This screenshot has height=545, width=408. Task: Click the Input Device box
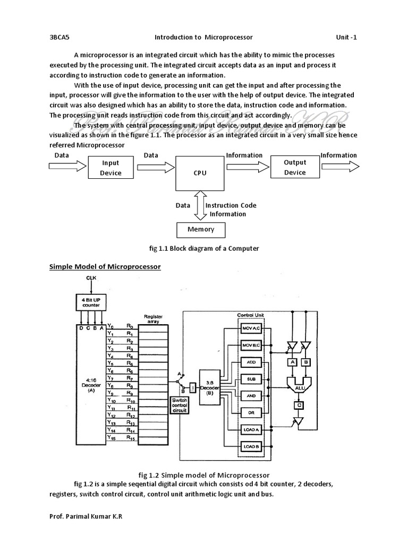point(110,168)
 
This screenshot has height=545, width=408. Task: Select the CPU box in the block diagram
point(200,173)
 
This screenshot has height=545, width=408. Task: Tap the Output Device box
point(295,167)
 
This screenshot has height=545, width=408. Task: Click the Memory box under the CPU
point(201,229)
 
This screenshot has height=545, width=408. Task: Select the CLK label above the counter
point(92,278)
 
